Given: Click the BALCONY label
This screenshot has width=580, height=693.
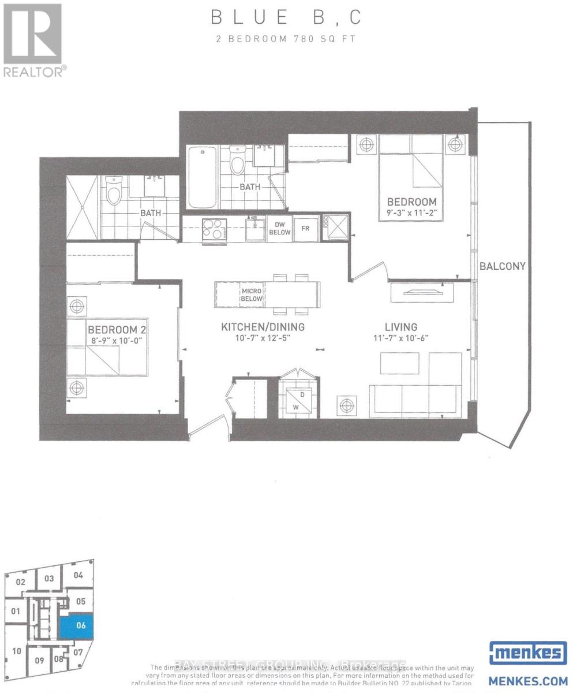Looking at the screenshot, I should coord(502,266).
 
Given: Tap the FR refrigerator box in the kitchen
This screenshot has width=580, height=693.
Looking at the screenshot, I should coord(306,229).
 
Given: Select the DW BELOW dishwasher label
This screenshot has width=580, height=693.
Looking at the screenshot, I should coord(279,229).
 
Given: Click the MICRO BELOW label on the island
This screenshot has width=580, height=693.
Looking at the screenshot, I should coord(252,295).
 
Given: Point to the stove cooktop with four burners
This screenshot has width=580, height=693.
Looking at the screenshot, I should coord(214,229).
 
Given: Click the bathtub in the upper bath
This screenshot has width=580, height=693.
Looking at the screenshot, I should coord(202,178).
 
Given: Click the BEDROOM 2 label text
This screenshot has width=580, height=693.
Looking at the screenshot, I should coord(114,329).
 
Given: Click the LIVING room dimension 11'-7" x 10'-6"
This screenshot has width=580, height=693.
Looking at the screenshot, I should coord(402,338).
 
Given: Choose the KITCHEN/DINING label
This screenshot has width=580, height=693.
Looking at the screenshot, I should coord(263,327).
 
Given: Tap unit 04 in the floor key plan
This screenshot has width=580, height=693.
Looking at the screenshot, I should coord(78,575).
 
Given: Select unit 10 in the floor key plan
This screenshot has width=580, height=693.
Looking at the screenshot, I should coord(17,651).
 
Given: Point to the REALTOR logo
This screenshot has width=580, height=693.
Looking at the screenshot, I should coord(33,39).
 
